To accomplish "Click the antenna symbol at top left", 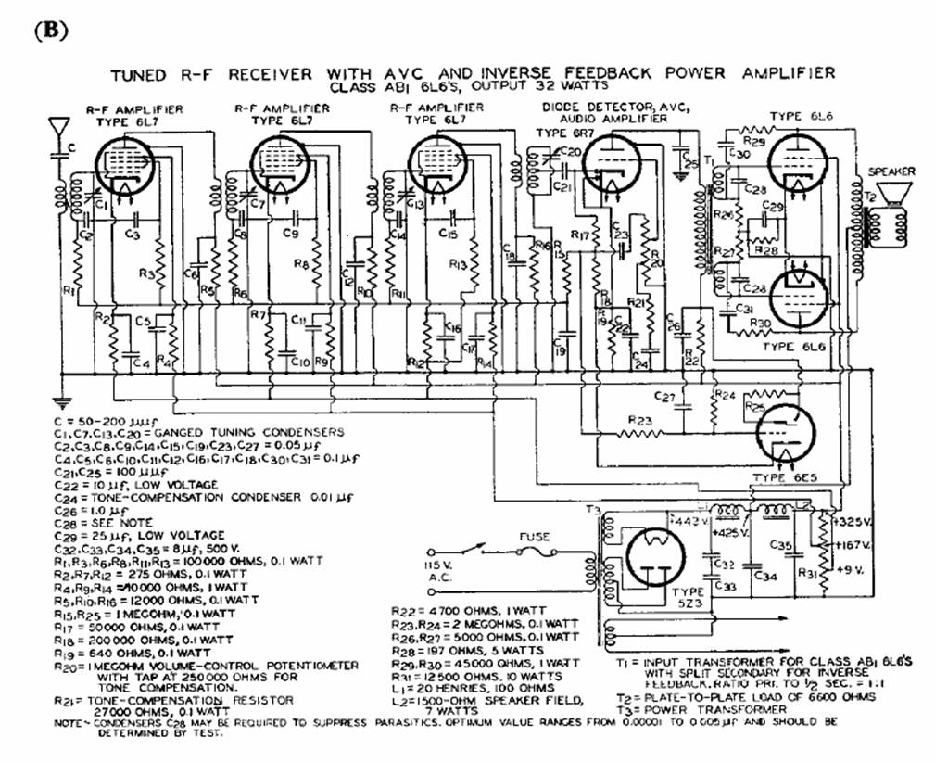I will [x=61, y=127].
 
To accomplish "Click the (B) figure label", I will [x=51, y=30].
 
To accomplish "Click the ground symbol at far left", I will [x=61, y=403].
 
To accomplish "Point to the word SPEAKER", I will [x=891, y=171].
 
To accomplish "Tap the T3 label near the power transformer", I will [x=590, y=511].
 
